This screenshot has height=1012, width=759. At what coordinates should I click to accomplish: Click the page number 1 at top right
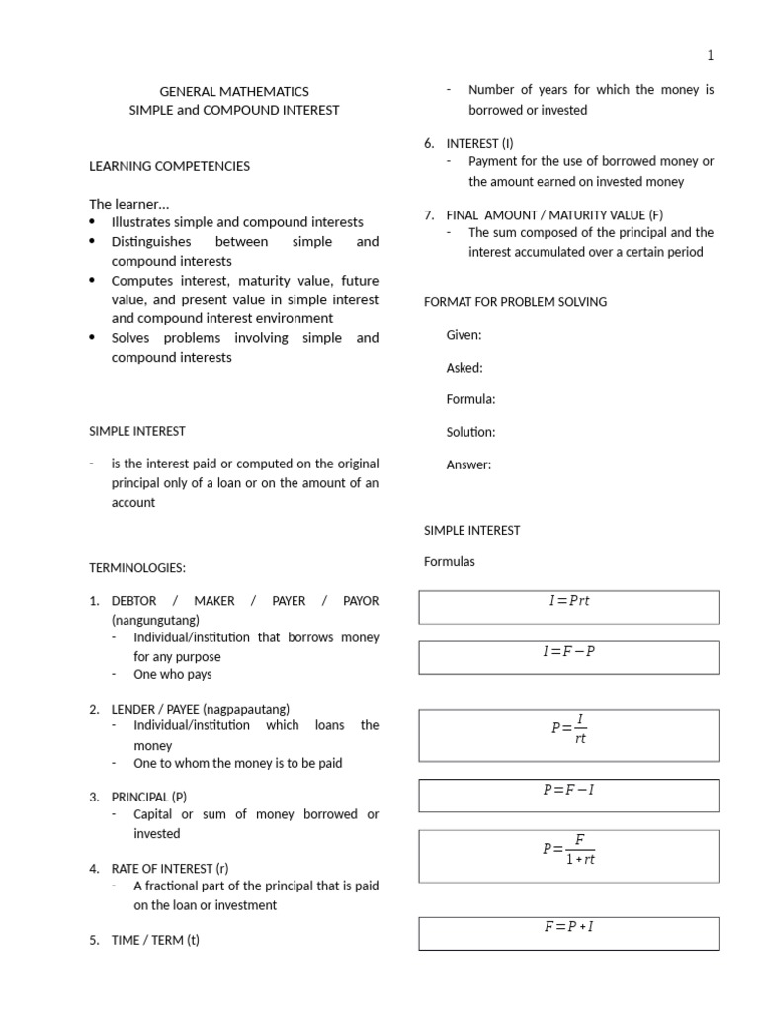(710, 56)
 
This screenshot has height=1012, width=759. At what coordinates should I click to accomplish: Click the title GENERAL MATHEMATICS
(234, 91)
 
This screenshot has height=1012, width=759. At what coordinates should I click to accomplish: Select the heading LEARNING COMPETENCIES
(169, 166)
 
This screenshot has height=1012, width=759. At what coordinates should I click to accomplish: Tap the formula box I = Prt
(569, 607)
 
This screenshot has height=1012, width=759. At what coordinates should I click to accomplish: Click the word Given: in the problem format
(464, 335)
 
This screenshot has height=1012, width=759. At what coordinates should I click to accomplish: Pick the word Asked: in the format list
(464, 368)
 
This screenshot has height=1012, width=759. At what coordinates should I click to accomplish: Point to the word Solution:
(470, 432)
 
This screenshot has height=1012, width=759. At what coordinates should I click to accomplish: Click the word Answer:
(468, 464)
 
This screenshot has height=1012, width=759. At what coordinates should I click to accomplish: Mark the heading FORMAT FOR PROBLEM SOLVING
(515, 302)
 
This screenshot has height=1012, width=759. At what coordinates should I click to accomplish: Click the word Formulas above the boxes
(450, 561)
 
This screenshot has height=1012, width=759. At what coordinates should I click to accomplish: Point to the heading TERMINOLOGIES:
(137, 568)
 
